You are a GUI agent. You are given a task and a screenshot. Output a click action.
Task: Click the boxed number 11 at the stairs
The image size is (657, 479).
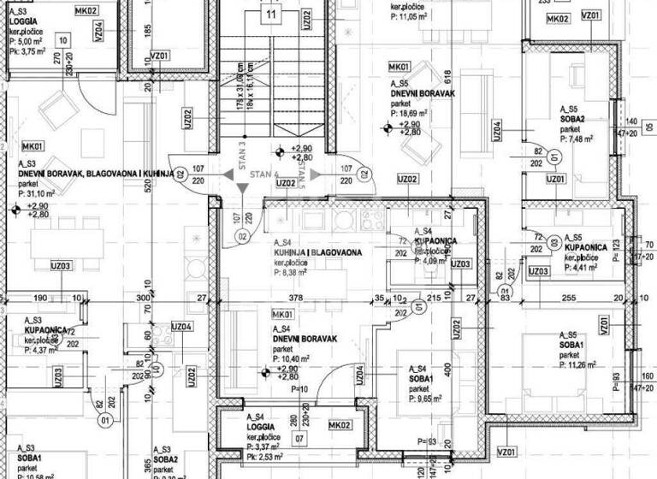[272, 15]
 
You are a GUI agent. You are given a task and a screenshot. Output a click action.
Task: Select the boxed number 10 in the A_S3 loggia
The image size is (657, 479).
[63, 40]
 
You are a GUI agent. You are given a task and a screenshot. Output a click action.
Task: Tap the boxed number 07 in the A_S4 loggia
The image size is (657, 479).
[299, 440]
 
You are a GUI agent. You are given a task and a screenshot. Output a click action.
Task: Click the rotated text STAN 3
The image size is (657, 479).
[242, 158]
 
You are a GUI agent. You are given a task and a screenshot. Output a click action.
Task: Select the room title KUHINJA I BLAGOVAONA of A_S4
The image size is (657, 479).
[318, 253]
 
